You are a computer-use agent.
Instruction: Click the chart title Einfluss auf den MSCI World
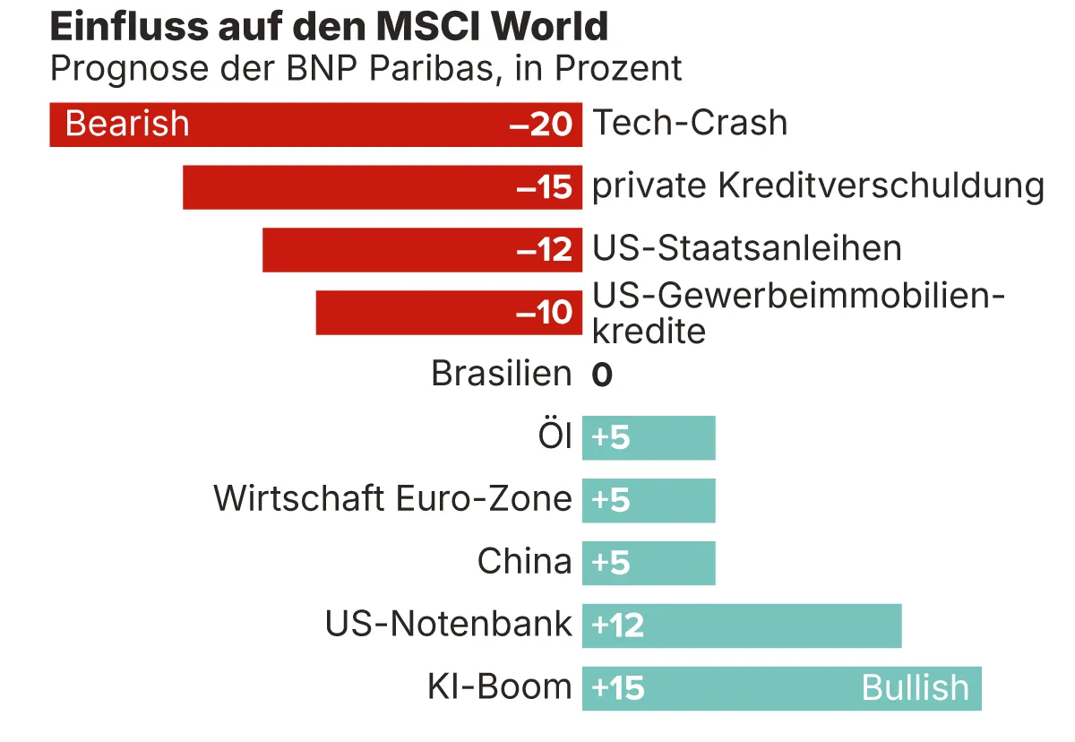click(329, 28)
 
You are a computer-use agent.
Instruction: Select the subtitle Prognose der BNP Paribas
click(365, 68)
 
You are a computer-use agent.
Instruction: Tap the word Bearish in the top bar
click(127, 124)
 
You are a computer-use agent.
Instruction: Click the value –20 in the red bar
click(540, 125)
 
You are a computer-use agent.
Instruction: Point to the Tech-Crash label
click(690, 123)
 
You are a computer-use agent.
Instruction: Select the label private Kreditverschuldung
click(818, 186)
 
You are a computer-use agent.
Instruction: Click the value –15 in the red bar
click(544, 187)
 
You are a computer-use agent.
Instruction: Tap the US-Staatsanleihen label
click(747, 248)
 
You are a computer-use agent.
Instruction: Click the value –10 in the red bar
click(544, 313)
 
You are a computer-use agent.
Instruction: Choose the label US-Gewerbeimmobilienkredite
click(797, 313)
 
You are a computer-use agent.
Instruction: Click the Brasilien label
click(501, 374)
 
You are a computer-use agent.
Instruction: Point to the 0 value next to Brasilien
click(601, 375)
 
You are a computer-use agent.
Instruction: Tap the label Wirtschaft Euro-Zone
click(392, 498)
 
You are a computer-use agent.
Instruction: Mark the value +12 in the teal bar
click(618, 626)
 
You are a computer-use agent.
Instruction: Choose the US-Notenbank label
click(448, 625)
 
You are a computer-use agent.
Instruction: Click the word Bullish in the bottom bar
click(915, 688)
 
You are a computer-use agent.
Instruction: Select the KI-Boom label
click(499, 687)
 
